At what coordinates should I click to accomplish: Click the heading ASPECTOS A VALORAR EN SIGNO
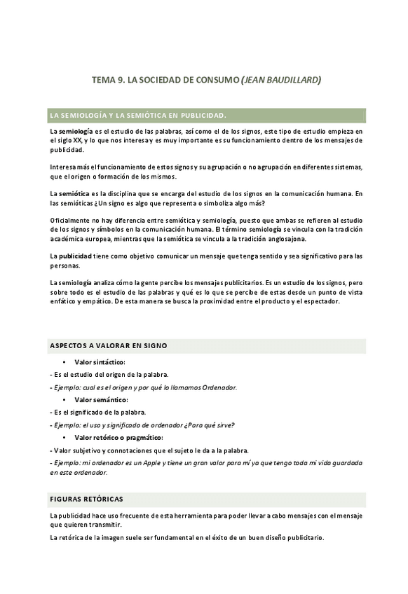108,345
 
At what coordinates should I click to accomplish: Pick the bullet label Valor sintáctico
100,362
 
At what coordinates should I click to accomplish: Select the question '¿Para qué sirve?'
208,425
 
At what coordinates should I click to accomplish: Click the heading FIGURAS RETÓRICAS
86,499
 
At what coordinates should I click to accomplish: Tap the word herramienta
183,516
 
